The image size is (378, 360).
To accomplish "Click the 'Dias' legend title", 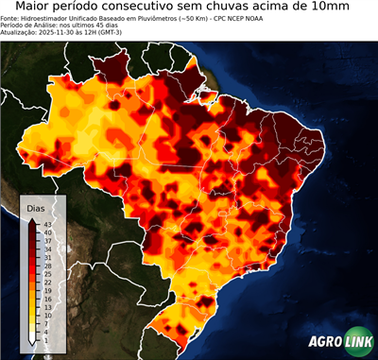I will click(x=37, y=207).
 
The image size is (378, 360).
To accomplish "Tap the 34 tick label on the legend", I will click(x=47, y=249).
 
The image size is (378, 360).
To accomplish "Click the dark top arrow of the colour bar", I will click(x=33, y=220).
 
